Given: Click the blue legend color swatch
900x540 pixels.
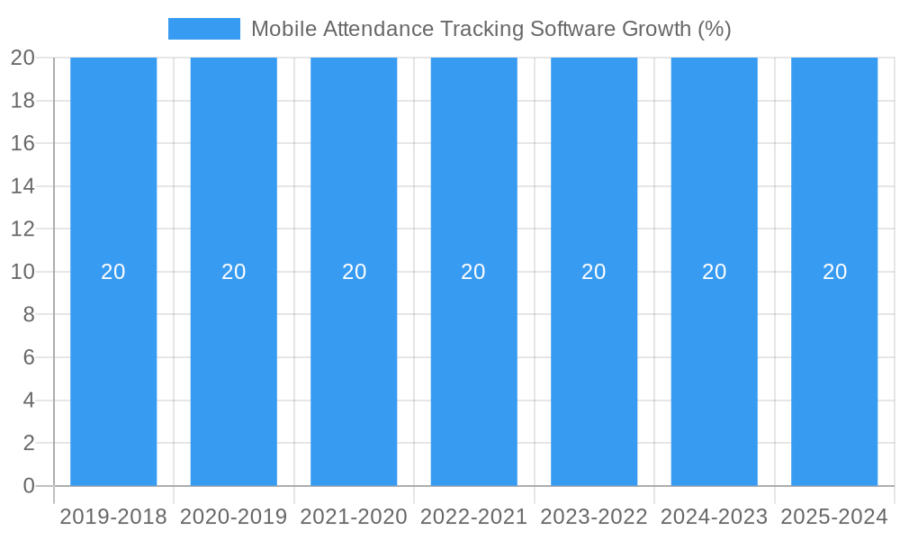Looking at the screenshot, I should tap(204, 29).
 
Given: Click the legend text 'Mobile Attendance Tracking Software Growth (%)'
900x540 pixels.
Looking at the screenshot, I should tap(490, 29).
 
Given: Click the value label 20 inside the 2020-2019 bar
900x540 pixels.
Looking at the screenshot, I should tap(234, 272).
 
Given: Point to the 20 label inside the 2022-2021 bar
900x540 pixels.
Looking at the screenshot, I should tap(473, 272).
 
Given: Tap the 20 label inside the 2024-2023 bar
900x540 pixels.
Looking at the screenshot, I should tap(715, 272).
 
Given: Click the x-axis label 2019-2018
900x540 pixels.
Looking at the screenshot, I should tap(113, 517).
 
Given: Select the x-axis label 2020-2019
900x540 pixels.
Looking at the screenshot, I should tap(234, 517).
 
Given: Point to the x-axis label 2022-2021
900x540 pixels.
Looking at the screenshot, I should tap(473, 517).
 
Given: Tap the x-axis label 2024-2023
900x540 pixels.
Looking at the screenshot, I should tap(715, 517).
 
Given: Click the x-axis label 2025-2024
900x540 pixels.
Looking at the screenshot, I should tap(834, 517).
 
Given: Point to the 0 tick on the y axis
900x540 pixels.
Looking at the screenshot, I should tap(28, 486).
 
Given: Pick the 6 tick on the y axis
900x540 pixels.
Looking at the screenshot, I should tap(28, 357).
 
